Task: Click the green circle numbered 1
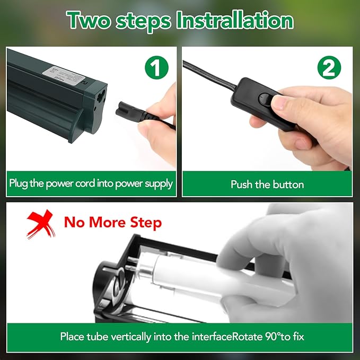click(156, 67)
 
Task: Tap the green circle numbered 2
click(329, 67)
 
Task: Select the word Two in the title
click(89, 21)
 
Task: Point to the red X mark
click(41, 224)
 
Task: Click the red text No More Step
click(113, 223)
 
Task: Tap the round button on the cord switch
click(265, 99)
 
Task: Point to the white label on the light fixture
click(64, 76)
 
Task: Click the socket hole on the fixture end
click(101, 96)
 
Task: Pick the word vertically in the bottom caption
click(131, 337)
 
